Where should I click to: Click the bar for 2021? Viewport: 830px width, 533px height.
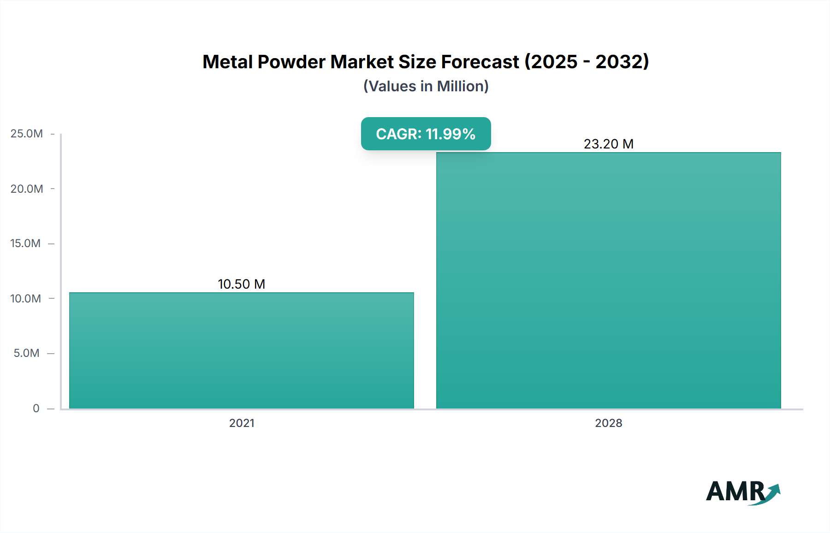click(242, 350)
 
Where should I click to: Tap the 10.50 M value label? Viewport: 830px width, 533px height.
click(242, 284)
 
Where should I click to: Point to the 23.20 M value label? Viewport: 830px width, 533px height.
click(609, 144)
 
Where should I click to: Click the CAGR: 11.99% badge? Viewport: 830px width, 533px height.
click(426, 134)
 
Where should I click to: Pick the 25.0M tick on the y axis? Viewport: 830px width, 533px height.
click(27, 134)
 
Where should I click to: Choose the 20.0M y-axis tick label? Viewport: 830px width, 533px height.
click(27, 189)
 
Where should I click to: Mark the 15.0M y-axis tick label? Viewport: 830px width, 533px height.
click(26, 243)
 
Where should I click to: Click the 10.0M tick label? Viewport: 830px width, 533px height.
click(26, 298)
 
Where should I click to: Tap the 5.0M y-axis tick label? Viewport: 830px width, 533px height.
click(27, 353)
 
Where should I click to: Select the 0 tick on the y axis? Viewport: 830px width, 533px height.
click(36, 408)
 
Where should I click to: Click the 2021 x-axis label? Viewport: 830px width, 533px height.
click(242, 423)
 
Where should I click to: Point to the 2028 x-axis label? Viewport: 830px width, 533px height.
click(609, 423)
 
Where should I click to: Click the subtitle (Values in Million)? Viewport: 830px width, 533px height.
click(426, 86)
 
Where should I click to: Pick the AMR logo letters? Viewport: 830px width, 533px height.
click(735, 492)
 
